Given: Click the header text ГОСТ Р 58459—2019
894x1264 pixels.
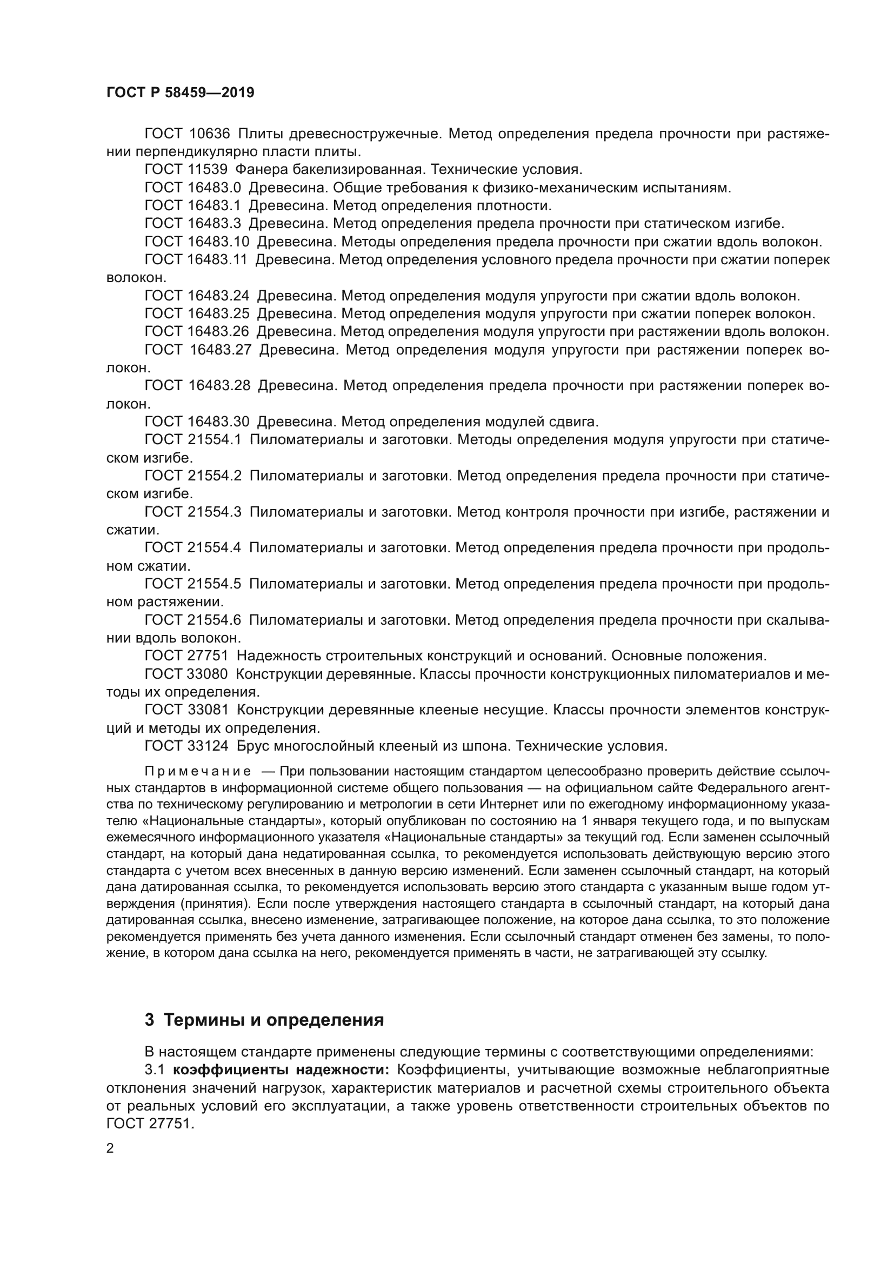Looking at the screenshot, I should pos(180,92).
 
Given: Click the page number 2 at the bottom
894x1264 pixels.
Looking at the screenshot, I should pos(110,1148).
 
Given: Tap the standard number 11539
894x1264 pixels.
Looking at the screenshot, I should pos(207,170).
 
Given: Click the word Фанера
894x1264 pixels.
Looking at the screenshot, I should pos(261,170).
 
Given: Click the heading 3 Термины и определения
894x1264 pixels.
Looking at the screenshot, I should pos(264,1020).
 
